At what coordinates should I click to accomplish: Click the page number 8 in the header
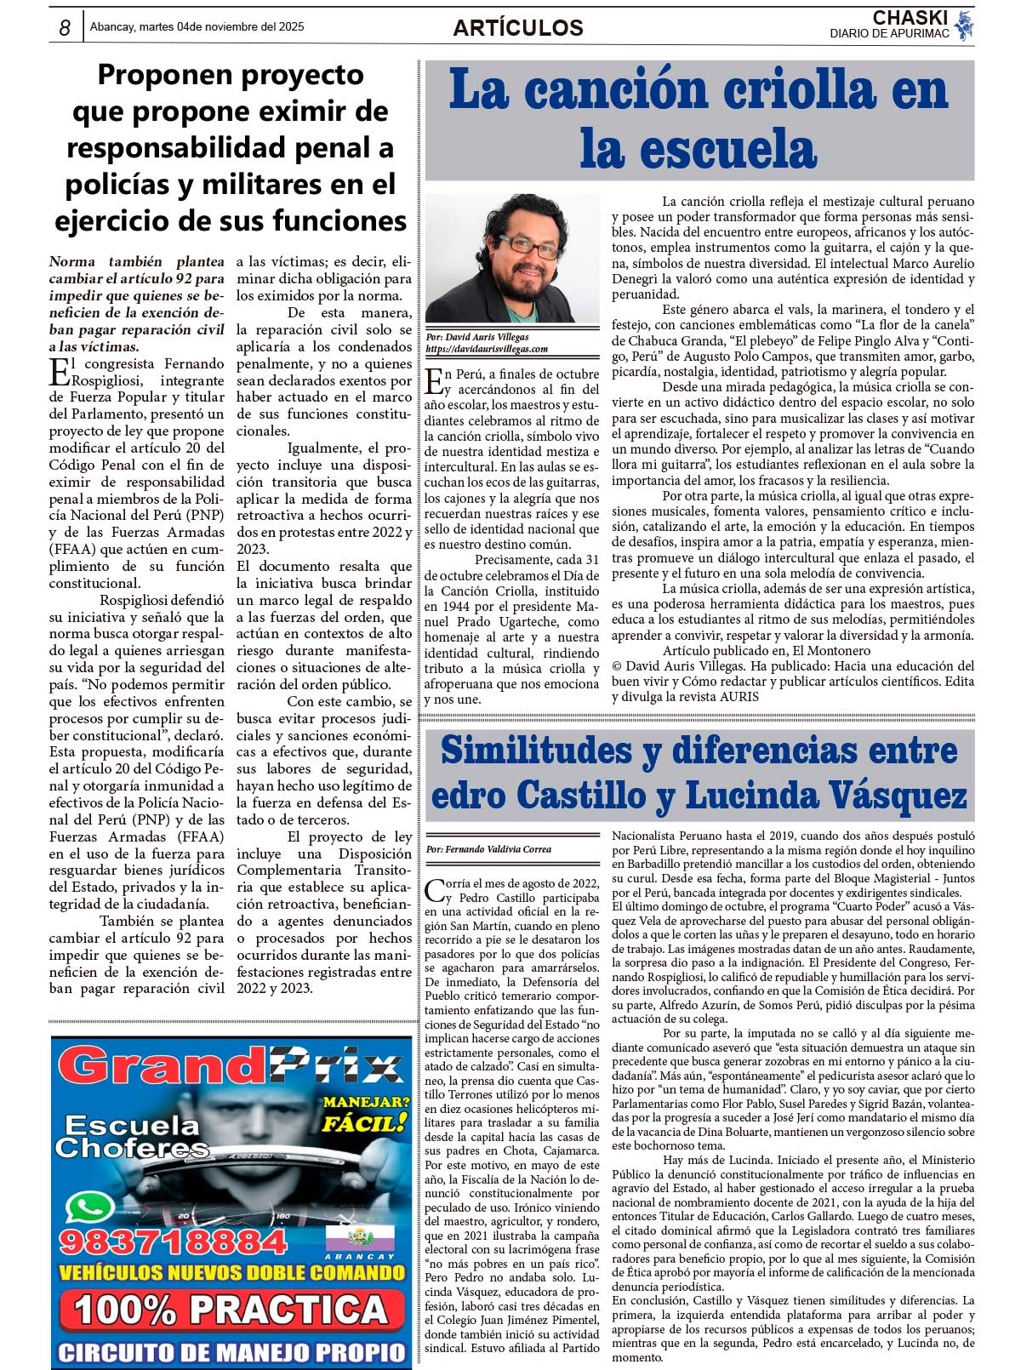[66, 28]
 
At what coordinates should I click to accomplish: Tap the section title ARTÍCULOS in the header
[517, 28]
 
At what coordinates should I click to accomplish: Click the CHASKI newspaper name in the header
[910, 18]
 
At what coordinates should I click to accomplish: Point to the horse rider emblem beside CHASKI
[963, 26]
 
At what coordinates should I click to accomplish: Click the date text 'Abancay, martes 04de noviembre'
[197, 26]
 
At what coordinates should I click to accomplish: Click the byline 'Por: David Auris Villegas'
[477, 337]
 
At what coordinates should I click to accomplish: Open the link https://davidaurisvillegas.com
[487, 349]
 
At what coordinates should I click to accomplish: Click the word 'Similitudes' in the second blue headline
[535, 750]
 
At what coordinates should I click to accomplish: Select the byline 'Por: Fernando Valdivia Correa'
[488, 849]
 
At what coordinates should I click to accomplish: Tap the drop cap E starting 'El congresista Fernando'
[59, 372]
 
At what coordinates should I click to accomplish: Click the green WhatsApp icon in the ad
[89, 1207]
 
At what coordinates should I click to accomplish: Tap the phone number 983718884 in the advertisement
[174, 1242]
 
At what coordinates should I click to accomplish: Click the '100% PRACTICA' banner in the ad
[231, 1310]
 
